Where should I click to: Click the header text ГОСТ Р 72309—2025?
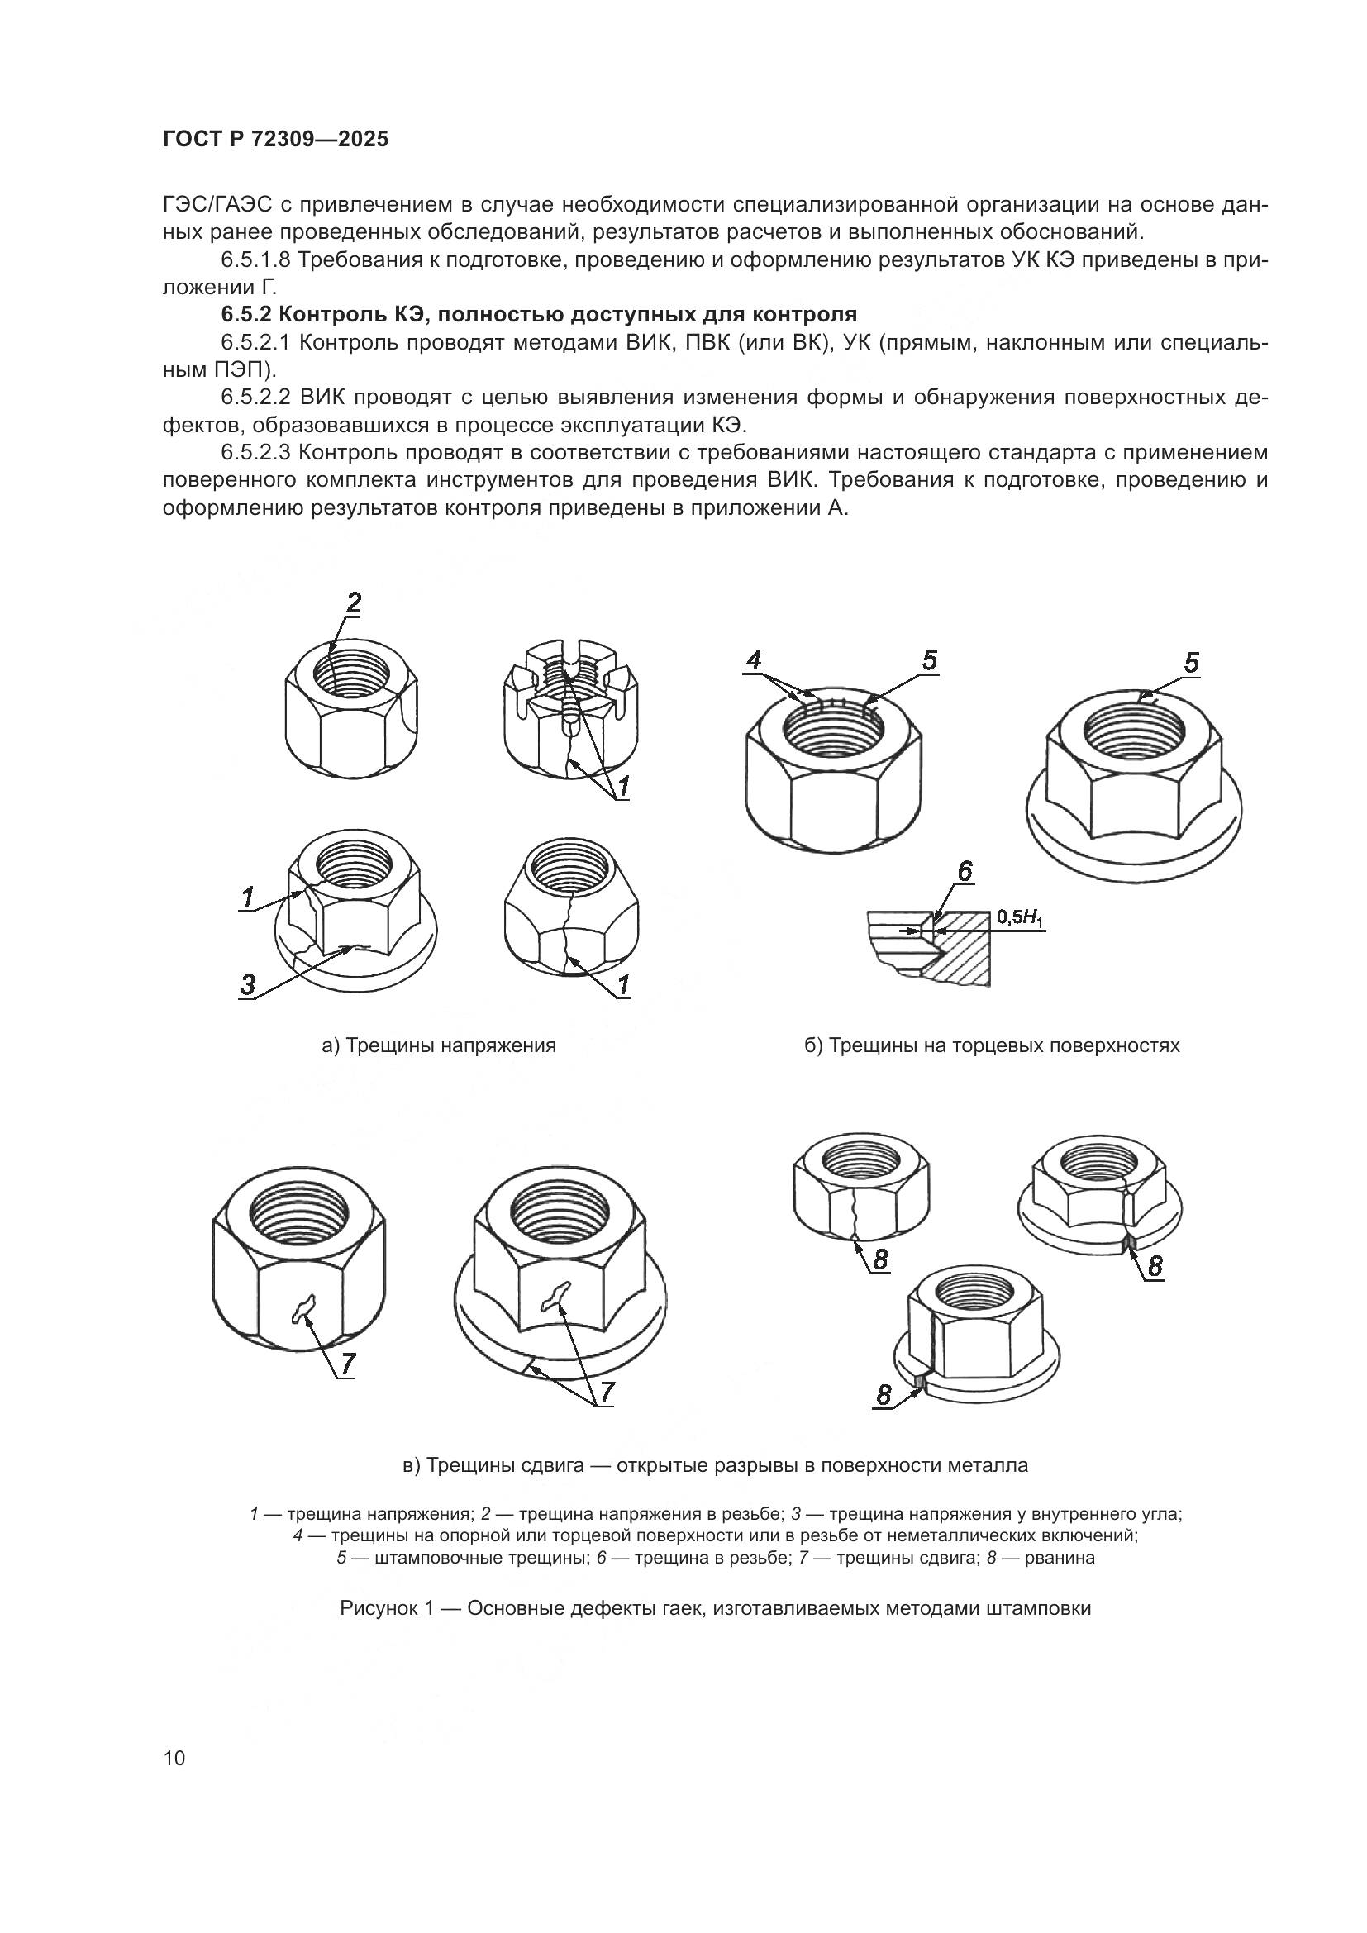(x=275, y=140)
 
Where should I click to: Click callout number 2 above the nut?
(x=354, y=602)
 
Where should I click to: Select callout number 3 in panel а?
(x=247, y=984)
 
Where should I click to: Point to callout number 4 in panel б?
(x=754, y=660)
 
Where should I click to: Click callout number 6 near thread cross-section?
(x=965, y=871)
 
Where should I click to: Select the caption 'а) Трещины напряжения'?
(x=439, y=1045)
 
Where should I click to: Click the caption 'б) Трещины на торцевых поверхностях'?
(x=992, y=1045)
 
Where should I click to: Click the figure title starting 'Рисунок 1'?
(x=715, y=1609)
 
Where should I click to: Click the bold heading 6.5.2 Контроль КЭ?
(x=539, y=315)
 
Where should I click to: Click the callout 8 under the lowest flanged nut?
(x=883, y=1396)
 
